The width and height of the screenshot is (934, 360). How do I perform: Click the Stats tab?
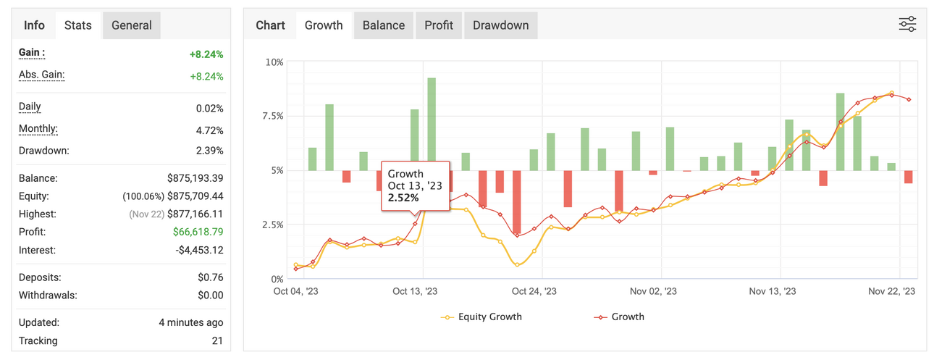(77, 25)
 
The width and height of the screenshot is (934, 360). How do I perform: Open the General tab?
(131, 25)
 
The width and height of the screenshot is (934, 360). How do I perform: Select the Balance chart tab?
(384, 25)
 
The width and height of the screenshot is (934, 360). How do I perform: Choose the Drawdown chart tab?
(501, 25)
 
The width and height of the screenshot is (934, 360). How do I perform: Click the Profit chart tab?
(439, 25)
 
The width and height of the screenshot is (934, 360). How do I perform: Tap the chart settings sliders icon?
(907, 24)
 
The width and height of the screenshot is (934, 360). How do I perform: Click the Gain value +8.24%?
(206, 54)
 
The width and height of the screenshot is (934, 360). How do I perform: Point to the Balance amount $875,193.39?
(195, 178)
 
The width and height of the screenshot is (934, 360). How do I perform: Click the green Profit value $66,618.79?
(198, 232)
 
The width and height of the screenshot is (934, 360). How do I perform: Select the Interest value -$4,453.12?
(199, 250)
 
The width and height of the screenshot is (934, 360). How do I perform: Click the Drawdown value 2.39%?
(210, 150)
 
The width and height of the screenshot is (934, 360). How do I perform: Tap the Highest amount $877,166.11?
(195, 214)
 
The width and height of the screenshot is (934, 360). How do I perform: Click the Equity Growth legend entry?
(481, 317)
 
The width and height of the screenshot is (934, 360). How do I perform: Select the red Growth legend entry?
(619, 317)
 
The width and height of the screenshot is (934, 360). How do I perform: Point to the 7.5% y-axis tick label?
(273, 116)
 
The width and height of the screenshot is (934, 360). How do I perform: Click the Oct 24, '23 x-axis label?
(534, 291)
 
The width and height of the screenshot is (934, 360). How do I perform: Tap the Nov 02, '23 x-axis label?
(653, 291)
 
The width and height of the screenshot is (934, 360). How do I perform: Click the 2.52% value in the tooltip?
(403, 198)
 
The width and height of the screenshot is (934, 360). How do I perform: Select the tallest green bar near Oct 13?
(432, 124)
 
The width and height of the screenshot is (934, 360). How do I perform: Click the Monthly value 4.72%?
(210, 130)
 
